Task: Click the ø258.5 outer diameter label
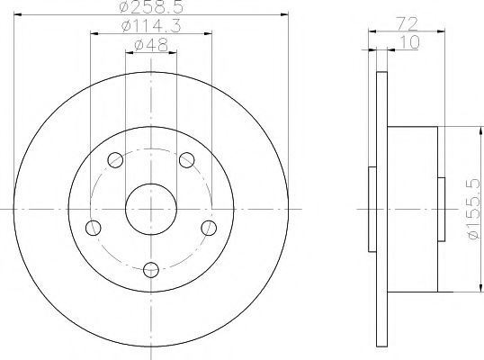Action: coord(151,7)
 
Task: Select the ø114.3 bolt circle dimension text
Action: coord(151,25)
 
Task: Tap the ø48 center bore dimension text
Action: coord(151,45)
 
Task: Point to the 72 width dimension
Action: coord(407,24)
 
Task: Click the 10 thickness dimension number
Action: coord(409,42)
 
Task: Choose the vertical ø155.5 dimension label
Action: coord(475,209)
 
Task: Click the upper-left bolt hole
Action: coord(115,160)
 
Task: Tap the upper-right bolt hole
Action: coord(187,160)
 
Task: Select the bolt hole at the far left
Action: coord(94,229)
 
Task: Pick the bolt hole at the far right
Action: coord(209,229)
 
